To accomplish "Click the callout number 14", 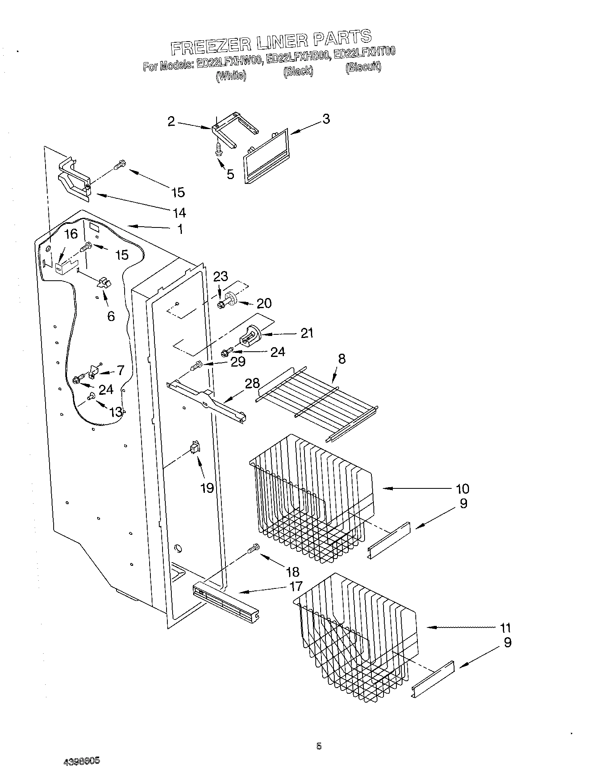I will [179, 212].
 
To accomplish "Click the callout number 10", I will [463, 489].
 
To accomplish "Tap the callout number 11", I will [505, 628].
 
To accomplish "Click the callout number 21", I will [307, 333].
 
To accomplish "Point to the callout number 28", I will [252, 383].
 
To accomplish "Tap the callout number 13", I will [116, 412].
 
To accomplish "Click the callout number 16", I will [71, 234].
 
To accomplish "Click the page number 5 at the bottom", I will [319, 746].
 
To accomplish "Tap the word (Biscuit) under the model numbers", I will [363, 67].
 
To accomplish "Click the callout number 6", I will [111, 316].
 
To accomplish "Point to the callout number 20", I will [264, 303].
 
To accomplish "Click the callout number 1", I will [180, 229].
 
